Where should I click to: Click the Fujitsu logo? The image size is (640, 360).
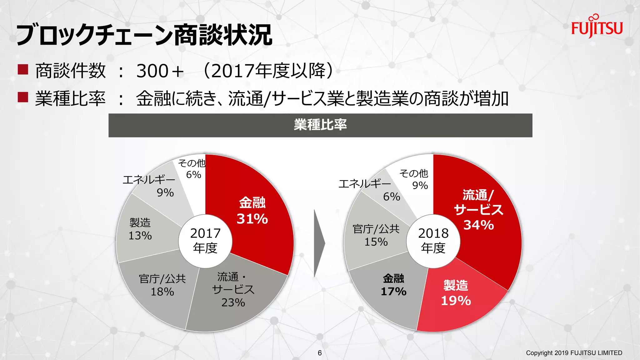[597, 27]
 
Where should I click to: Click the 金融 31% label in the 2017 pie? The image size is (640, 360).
[252, 211]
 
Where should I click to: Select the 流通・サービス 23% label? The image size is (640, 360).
[233, 290]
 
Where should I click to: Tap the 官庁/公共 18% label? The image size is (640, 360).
[162, 285]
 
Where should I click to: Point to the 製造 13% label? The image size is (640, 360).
[140, 229]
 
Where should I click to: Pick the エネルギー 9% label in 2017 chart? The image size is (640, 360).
[149, 186]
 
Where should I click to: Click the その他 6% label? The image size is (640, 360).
[192, 169]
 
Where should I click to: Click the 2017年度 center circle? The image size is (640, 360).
[205, 241]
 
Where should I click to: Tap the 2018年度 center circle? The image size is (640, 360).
[433, 241]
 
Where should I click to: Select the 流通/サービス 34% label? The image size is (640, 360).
[478, 210]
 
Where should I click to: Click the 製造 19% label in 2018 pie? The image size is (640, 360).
[456, 293]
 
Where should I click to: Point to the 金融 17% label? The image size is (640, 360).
[393, 285]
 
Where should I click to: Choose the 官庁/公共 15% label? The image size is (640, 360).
[376, 235]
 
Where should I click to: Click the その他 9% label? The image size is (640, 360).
[414, 179]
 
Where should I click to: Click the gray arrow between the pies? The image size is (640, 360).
[319, 243]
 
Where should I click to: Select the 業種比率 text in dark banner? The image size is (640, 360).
[320, 125]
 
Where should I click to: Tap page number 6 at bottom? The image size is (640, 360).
[320, 353]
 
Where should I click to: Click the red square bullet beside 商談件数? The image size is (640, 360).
[23, 69]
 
